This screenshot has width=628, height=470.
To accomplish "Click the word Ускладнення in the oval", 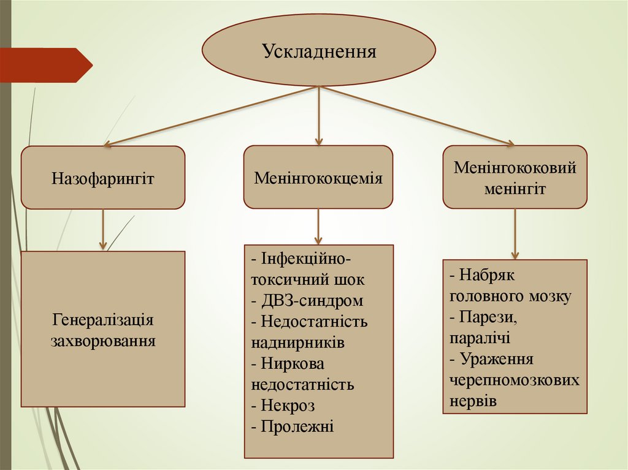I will [319, 51].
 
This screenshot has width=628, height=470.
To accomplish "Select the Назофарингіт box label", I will [103, 179].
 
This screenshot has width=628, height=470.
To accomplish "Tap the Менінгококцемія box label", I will [318, 178].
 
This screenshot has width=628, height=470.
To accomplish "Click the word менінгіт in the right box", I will [515, 188].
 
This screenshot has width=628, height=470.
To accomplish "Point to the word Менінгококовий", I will [515, 168].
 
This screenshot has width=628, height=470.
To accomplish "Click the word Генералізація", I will [103, 320].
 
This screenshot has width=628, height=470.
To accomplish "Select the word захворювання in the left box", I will [103, 340].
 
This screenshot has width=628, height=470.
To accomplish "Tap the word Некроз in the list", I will [288, 405].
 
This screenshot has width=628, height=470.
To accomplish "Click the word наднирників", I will [298, 343].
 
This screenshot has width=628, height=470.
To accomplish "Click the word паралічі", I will [480, 338].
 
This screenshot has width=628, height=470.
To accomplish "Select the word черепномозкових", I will [515, 380].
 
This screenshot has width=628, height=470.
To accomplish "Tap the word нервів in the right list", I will [473, 401].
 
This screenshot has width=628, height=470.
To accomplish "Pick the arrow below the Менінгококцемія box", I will [318, 227].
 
